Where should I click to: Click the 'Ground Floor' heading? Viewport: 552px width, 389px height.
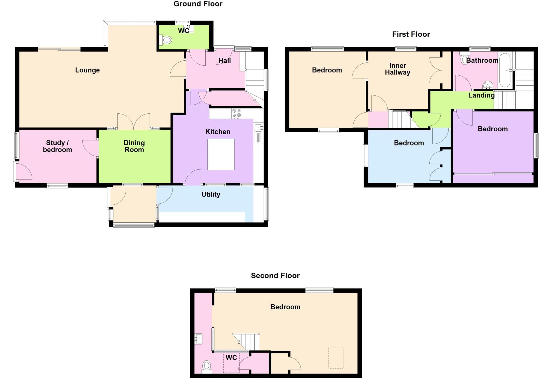point(198,4)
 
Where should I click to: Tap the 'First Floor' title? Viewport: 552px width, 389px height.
point(411,34)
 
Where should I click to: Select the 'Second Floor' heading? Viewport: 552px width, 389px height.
point(275,276)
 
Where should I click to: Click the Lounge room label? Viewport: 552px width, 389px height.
point(87,70)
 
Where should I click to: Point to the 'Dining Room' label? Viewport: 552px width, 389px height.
point(134,146)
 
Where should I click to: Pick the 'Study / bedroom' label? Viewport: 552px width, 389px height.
point(57,146)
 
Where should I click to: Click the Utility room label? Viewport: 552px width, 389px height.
point(211,194)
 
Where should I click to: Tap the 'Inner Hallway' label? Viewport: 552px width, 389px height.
point(398,69)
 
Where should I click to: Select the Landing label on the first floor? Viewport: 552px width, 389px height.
point(481,95)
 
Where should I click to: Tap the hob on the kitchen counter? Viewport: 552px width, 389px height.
point(236,113)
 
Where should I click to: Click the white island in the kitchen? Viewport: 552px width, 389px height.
point(221,154)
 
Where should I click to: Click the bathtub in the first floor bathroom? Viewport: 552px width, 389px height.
point(505,70)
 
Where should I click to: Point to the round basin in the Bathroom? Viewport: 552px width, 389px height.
point(488,85)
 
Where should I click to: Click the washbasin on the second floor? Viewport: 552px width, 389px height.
point(198,339)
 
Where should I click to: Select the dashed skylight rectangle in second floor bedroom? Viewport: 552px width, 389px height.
point(336,357)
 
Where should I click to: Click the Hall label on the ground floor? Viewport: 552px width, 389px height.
point(225,61)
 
